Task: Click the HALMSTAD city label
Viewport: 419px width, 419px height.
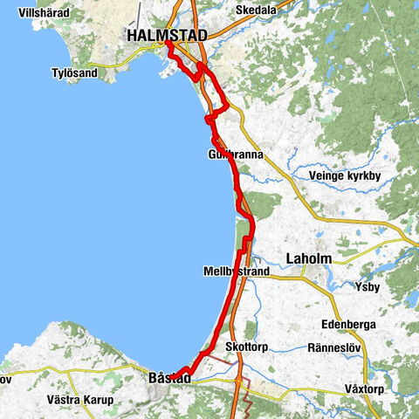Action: [x=167, y=36]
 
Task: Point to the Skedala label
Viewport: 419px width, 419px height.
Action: [x=256, y=10]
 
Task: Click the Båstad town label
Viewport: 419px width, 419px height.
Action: [x=165, y=378]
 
